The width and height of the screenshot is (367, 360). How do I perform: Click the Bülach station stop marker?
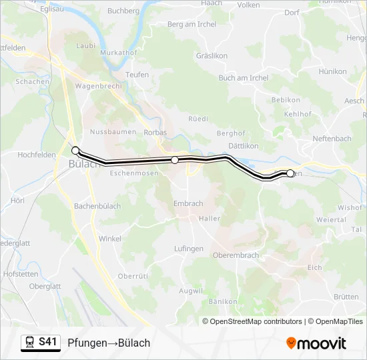coord(75,150)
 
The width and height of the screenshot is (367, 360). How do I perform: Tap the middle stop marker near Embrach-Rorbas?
coord(175,160)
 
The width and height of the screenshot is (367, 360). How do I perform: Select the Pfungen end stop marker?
coord(290,173)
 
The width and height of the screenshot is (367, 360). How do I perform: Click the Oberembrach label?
coord(236,255)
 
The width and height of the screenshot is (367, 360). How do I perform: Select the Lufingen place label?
coord(189,248)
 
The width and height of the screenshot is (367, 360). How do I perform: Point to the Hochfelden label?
coord(37,155)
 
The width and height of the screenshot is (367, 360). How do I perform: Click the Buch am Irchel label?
coord(243,78)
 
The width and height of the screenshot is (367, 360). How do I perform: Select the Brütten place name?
coord(346,297)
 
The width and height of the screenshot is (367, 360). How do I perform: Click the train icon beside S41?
coord(30,343)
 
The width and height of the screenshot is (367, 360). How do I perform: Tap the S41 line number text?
coord(47,342)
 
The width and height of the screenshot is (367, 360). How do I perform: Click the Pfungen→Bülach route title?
coord(109,343)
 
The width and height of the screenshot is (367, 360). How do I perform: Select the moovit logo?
coord(316,343)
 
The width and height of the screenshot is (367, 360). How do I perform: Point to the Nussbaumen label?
coord(112,132)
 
